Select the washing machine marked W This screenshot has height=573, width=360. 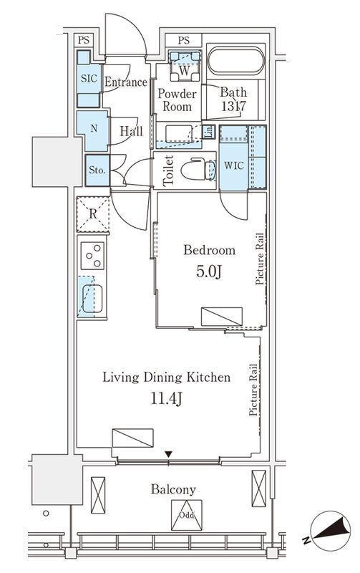pos(185,66)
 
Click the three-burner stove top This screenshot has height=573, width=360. pos(92,256)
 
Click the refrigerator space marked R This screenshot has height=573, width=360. pos(93,214)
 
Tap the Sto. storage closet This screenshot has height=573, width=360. pos(97,170)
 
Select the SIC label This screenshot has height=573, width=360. pos(89,78)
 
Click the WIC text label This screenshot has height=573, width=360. pos(233,165)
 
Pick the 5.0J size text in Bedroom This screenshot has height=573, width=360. pos(209,272)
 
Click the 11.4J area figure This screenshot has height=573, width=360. pos(167,399)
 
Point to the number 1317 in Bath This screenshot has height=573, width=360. pos(233,106)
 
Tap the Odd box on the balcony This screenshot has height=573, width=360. pos(187,515)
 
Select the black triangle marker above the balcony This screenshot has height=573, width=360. pos(168,454)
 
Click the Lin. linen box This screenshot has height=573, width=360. pos(208,131)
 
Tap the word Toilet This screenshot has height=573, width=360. pos(168,170)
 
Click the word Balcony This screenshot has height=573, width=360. pos(173,490)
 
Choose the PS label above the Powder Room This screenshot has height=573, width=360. pos(184,40)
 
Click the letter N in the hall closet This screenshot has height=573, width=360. pos(94,129)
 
